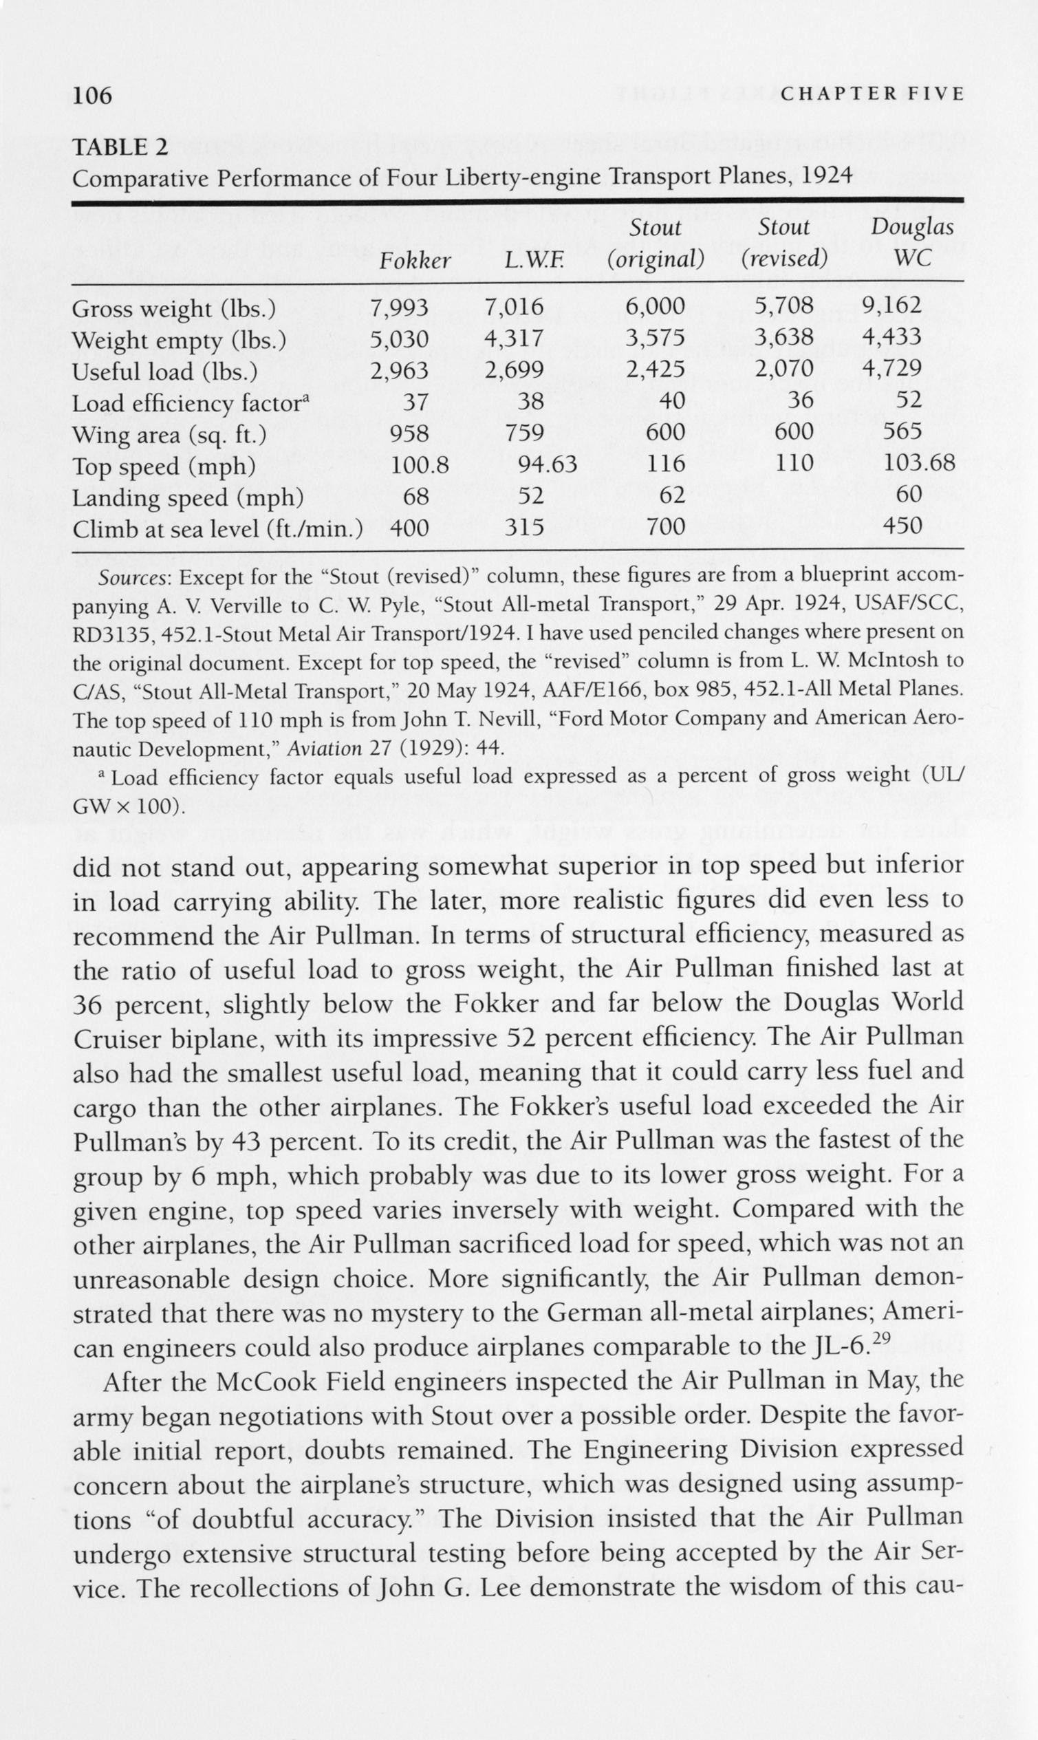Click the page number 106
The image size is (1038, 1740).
tap(92, 95)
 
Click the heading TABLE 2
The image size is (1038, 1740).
tap(120, 148)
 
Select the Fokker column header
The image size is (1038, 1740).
tap(415, 260)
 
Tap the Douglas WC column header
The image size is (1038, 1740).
tap(912, 243)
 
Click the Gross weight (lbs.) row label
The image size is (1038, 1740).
tap(173, 308)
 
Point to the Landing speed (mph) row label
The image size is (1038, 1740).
tap(188, 497)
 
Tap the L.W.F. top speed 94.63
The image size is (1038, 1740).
tap(548, 463)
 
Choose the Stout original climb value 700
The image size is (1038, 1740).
tap(665, 526)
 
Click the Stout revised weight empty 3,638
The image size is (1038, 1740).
tap(784, 337)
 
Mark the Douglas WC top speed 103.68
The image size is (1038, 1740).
tap(918, 462)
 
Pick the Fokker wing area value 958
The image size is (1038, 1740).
tap(409, 432)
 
